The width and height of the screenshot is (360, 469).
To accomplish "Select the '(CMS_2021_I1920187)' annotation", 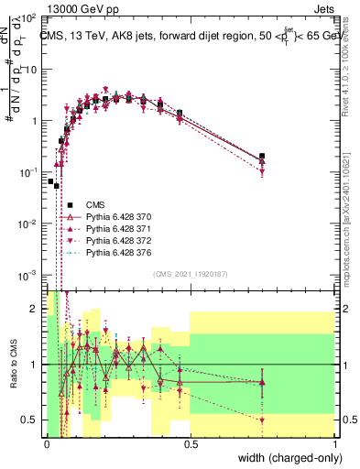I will click(191, 300).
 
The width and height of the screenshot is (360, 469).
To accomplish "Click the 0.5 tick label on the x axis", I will click(191, 443).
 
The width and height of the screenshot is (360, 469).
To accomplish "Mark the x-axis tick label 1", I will click(335, 443).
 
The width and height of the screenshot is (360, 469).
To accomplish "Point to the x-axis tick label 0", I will click(47, 443).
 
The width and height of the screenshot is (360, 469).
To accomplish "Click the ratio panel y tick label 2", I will click(34, 310).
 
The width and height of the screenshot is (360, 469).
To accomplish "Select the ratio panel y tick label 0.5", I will click(30, 420).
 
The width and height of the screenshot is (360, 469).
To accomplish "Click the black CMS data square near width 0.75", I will click(263, 157).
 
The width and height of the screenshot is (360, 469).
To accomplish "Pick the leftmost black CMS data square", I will click(50, 181).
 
